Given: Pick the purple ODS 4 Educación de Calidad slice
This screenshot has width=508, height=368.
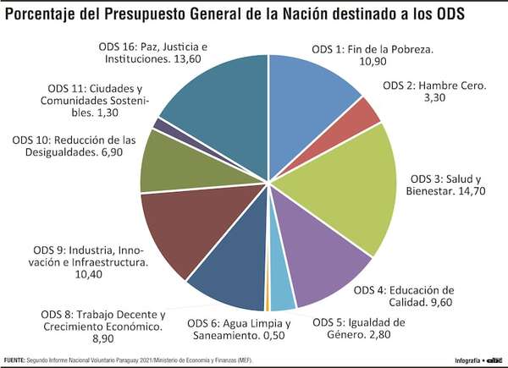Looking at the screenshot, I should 326,262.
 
